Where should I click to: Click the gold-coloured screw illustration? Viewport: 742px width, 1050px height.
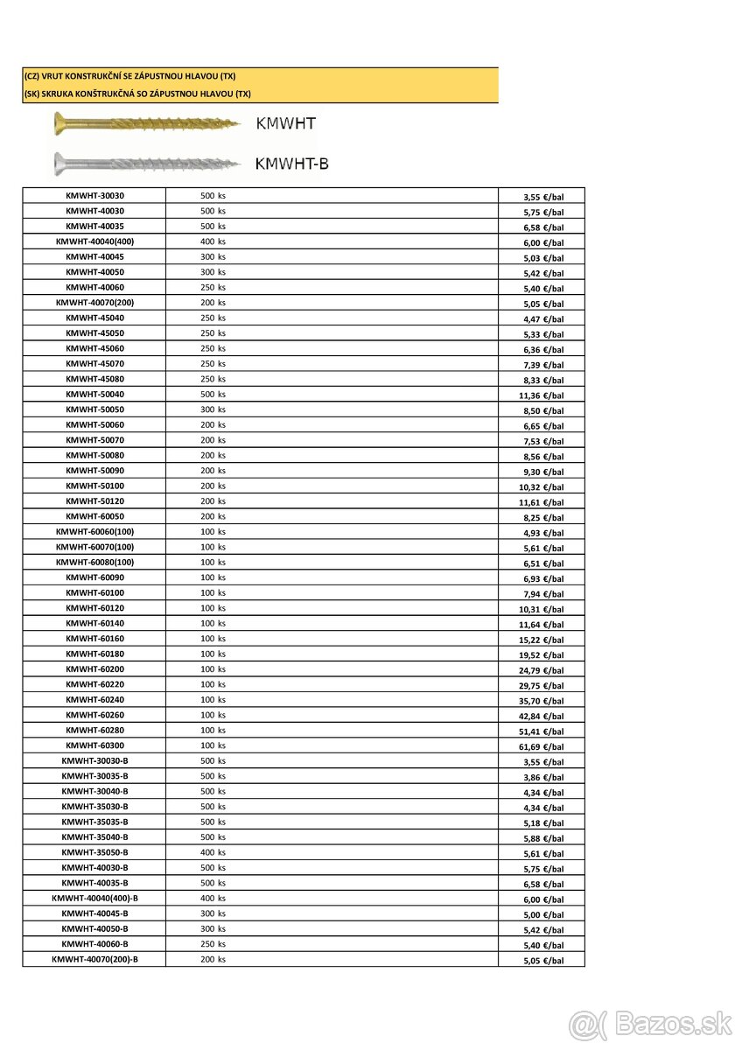[x=146, y=123]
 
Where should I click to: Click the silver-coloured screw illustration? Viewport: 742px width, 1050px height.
[x=146, y=163]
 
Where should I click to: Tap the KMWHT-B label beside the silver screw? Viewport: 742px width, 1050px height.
[x=291, y=164]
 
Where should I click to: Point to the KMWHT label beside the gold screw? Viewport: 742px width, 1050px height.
[x=285, y=123]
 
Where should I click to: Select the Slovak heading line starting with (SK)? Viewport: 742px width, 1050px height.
[x=137, y=94]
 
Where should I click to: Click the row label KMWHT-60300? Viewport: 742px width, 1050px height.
[x=94, y=745]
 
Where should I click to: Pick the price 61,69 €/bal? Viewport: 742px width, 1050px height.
[x=542, y=746]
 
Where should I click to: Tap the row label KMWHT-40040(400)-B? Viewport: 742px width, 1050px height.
[x=94, y=899]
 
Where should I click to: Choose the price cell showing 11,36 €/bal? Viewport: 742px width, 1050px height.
[x=542, y=395]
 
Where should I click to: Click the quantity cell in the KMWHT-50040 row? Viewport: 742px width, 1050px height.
[x=213, y=395]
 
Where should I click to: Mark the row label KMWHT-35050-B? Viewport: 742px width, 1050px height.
[x=94, y=852]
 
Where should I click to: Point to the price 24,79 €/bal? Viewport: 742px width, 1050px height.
[x=542, y=670]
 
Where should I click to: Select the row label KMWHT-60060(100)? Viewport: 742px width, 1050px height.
[x=94, y=532]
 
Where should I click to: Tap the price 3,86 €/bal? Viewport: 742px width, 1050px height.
[x=543, y=777]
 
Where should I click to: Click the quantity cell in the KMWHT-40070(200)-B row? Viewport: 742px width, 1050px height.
[x=213, y=960]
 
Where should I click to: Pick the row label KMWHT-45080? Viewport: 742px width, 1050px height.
[x=94, y=379]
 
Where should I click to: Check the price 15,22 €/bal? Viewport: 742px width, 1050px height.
[x=542, y=640]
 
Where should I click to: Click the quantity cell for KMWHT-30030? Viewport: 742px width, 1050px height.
[x=213, y=195]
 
